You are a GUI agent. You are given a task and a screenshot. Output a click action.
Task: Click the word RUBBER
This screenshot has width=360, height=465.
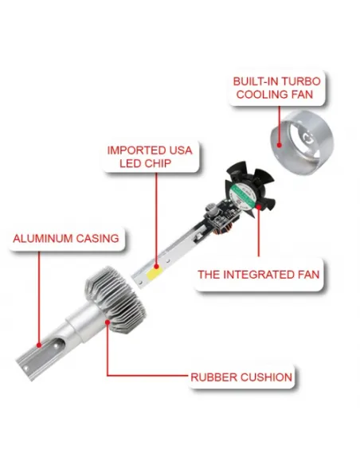[x=213, y=377]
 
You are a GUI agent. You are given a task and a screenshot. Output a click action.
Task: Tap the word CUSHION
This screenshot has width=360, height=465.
[x=266, y=377]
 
